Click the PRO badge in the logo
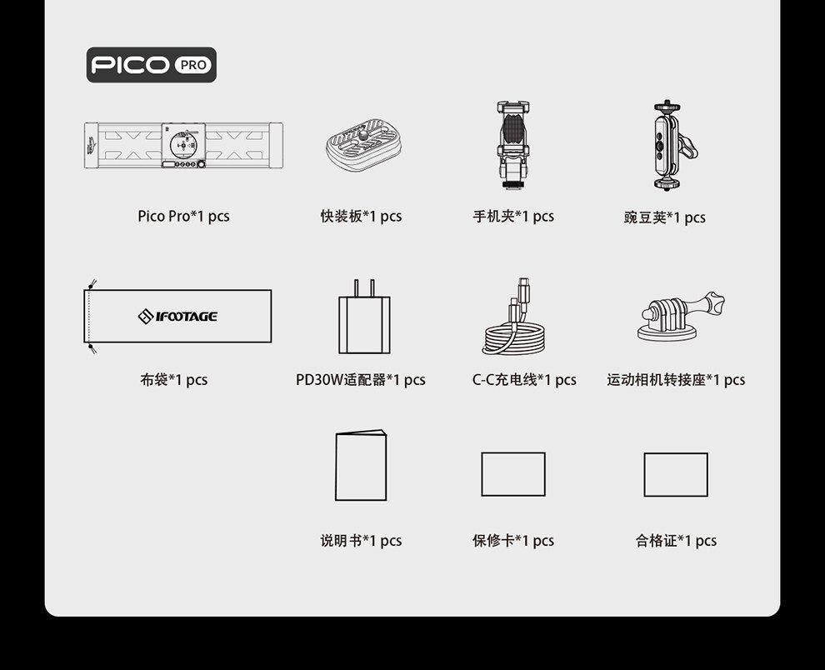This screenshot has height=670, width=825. click(192, 65)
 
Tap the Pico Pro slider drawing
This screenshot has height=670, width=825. click(183, 146)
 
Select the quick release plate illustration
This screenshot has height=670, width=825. click(363, 144)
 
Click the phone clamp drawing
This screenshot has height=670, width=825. click(513, 145)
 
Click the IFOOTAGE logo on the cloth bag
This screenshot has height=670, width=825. click(177, 317)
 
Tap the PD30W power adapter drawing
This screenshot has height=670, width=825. click(365, 317)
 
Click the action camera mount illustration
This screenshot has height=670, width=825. click(681, 317)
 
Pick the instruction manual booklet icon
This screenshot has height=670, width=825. click(361, 465)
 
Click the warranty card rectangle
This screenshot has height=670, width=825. click(513, 474)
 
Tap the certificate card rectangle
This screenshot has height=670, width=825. click(676, 475)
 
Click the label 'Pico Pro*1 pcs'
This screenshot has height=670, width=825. click(183, 217)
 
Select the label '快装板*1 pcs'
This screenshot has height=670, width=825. click(361, 217)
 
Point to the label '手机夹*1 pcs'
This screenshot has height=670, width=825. click(513, 217)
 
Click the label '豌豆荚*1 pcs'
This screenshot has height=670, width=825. click(664, 217)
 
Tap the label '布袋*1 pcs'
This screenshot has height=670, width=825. click(173, 379)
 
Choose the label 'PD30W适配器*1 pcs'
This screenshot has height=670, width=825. click(360, 379)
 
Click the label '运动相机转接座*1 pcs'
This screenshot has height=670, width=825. click(676, 379)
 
